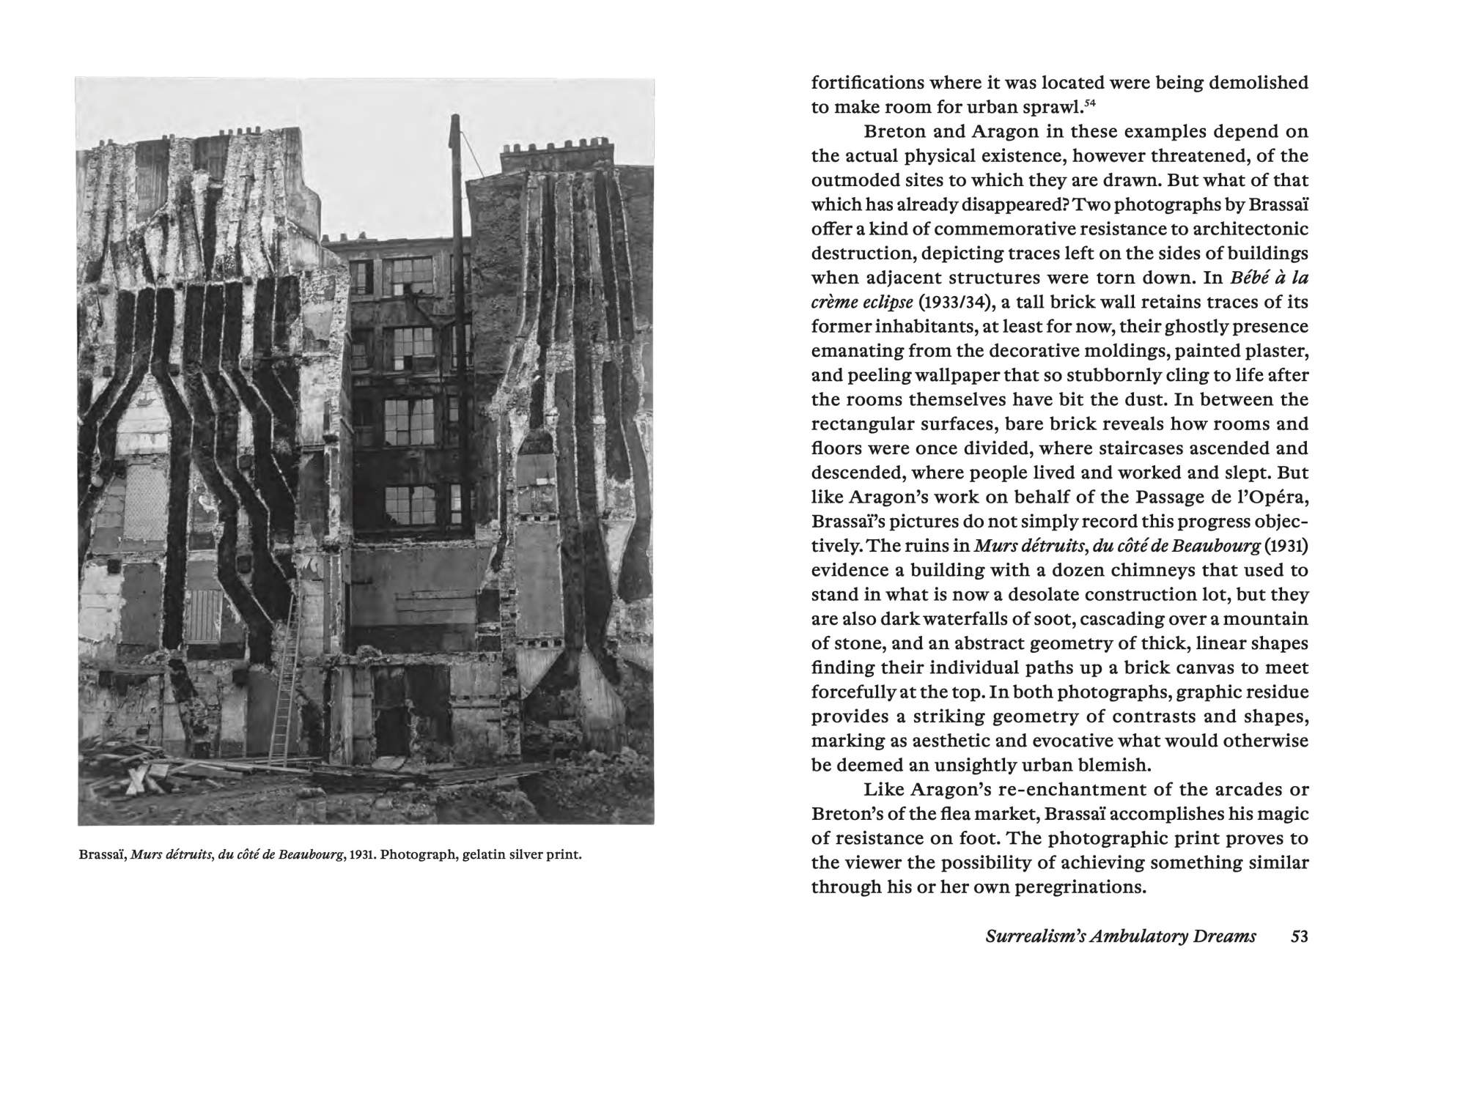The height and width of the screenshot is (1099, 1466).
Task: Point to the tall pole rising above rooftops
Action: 457,293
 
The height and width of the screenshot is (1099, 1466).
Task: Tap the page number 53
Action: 1299,936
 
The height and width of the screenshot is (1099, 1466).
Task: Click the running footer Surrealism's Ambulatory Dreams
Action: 1121,936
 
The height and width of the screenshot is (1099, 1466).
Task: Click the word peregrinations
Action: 1074,887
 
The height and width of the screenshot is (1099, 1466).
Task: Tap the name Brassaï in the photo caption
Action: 102,855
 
